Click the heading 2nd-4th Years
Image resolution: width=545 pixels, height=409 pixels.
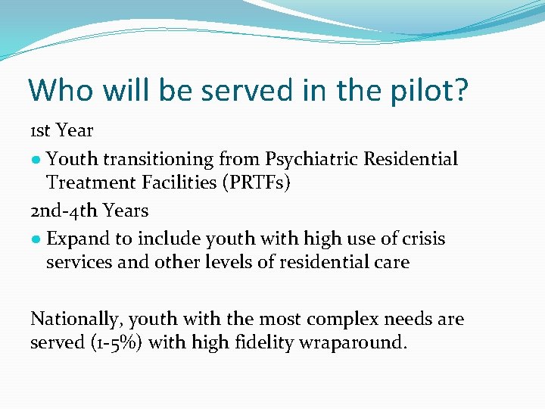click(x=89, y=210)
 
